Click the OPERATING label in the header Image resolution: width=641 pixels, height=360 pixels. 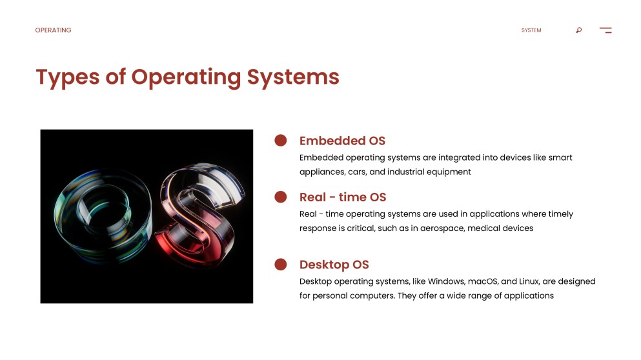tap(53, 30)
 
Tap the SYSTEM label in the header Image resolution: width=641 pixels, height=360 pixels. tap(531, 30)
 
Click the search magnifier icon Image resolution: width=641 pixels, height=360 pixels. tap(579, 30)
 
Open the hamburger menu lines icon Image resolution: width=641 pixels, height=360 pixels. tap(605, 30)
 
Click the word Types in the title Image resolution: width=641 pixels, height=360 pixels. tap(67, 77)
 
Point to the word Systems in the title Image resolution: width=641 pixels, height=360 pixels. tap(293, 77)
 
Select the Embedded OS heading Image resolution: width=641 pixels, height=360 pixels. tap(342, 141)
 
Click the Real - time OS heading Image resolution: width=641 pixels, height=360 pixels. tap(343, 197)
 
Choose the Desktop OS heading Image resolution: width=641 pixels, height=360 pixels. tap(334, 265)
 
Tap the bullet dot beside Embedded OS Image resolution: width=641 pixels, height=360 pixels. tap(280, 140)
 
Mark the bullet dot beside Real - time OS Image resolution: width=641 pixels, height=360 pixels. tap(280, 197)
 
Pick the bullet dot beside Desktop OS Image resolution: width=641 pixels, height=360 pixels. tap(280, 264)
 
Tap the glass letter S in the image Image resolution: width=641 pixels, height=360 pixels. tap(199, 215)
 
